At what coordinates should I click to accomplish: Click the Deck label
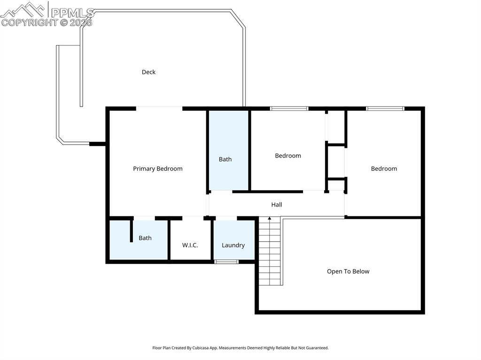(x=148, y=72)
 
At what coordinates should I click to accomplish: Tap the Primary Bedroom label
(x=157, y=169)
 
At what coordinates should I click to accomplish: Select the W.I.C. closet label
(x=190, y=245)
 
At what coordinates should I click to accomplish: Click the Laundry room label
(x=233, y=245)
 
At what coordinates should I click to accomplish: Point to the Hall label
(x=277, y=205)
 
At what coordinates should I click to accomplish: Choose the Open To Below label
(x=348, y=271)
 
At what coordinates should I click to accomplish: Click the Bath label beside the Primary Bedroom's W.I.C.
(x=145, y=238)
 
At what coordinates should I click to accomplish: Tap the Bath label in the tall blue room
(x=225, y=159)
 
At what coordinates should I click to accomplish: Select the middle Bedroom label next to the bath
(x=288, y=155)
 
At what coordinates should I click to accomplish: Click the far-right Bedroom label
(x=384, y=169)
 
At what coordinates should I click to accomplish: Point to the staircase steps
(x=270, y=256)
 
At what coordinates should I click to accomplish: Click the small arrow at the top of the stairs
(x=269, y=219)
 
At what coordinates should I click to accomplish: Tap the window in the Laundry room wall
(x=226, y=261)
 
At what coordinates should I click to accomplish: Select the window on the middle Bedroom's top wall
(x=289, y=108)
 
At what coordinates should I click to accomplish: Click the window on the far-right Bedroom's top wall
(x=385, y=108)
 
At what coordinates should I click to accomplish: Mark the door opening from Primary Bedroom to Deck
(x=159, y=108)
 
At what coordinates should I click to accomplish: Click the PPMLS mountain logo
(x=24, y=9)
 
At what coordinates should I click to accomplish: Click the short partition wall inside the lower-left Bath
(x=132, y=230)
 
